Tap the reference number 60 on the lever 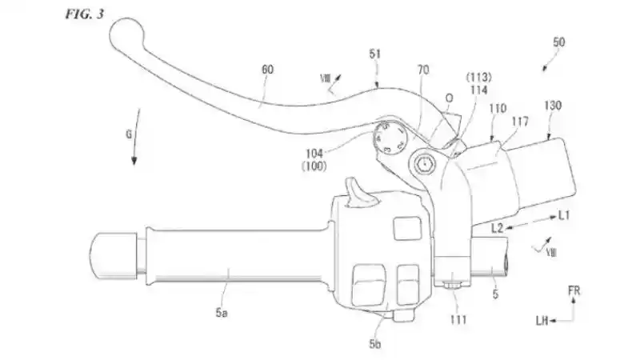[x=267, y=70]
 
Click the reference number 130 [x=552, y=105]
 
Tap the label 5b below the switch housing [x=374, y=344]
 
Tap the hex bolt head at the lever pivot [x=422, y=164]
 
